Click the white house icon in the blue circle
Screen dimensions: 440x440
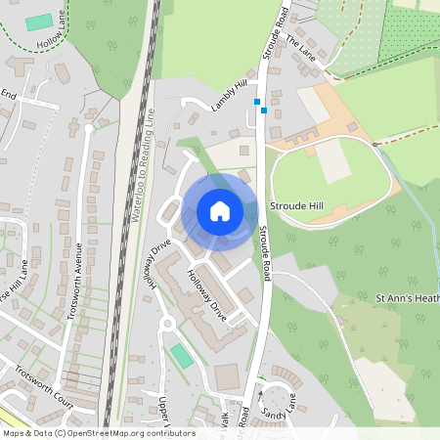pyautogui.click(x=220, y=210)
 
